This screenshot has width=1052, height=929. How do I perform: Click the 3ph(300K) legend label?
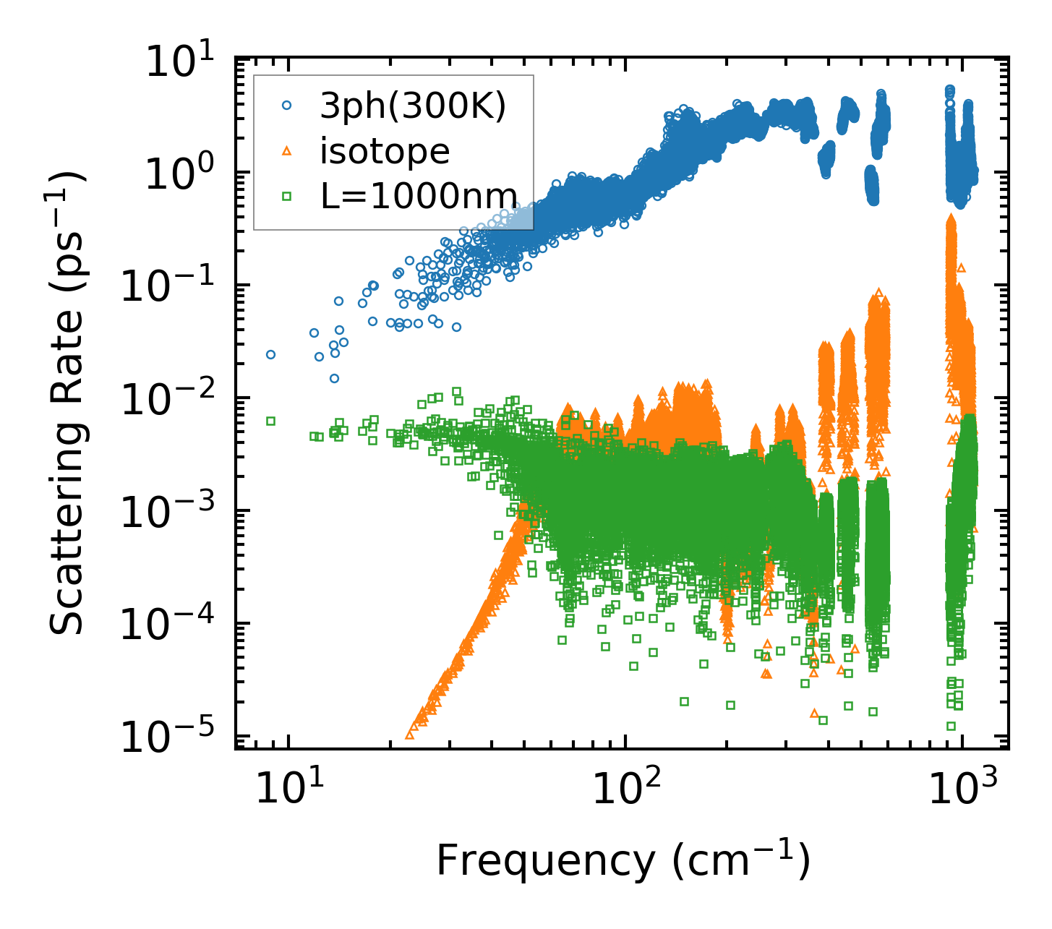pos(413,107)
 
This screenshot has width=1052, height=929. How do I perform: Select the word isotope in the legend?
pos(385,152)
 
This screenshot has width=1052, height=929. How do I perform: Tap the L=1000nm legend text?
pos(419,196)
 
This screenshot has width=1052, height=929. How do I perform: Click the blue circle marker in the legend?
pos(287,106)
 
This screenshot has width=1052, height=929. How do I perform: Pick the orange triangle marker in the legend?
pos(287,150)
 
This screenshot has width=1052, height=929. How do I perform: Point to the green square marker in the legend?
pos(287,194)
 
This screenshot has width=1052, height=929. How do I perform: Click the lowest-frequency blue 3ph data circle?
pos(270,354)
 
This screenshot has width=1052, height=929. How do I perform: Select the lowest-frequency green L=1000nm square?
pos(270,421)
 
